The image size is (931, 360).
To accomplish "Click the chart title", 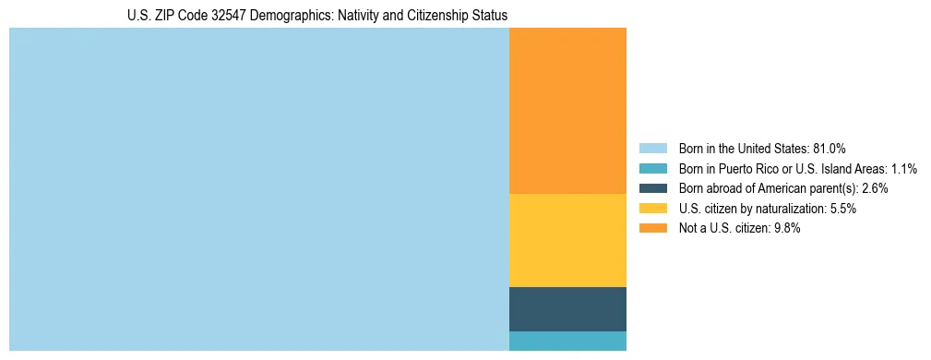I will pyautogui.click(x=317, y=16).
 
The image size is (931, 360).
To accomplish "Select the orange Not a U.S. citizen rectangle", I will pyautogui.click(x=567, y=111).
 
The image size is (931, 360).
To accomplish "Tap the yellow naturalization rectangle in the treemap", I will pyautogui.click(x=567, y=240).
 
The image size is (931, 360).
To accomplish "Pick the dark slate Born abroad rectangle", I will pyautogui.click(x=567, y=308).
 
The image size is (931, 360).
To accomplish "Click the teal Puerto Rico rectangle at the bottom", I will pyautogui.click(x=567, y=341).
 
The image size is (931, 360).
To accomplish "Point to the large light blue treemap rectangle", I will pyautogui.click(x=258, y=189).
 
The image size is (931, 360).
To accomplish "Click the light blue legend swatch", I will pyautogui.click(x=652, y=149).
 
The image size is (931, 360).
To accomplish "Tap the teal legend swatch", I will pyautogui.click(x=652, y=169).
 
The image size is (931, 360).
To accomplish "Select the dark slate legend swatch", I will pyautogui.click(x=652, y=188).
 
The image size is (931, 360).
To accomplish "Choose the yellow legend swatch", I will pyautogui.click(x=652, y=209).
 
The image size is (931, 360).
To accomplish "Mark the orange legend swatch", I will pyautogui.click(x=652, y=229).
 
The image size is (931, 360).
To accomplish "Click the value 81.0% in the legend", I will pyautogui.click(x=829, y=149).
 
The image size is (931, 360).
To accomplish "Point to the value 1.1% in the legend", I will pyautogui.click(x=904, y=169).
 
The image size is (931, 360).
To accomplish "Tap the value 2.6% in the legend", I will pyautogui.click(x=875, y=188).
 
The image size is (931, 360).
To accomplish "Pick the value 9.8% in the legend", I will pyautogui.click(x=787, y=229).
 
